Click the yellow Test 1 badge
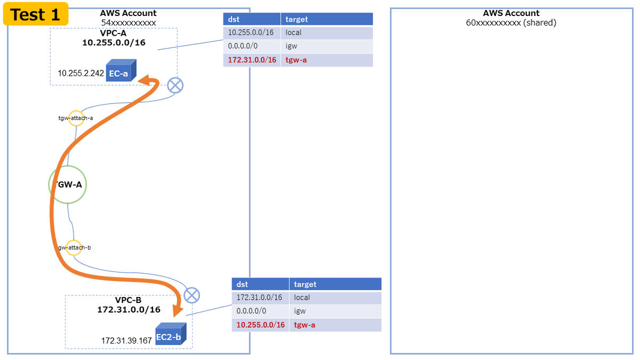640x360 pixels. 36,14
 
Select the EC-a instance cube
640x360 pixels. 121,70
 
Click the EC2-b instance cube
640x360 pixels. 171,334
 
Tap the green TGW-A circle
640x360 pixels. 67,185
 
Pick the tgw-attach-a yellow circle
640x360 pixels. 76,118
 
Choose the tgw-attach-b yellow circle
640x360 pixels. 74,247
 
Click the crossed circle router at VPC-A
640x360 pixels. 175,85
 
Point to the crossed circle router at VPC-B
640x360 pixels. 191,295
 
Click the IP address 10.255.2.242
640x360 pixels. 81,74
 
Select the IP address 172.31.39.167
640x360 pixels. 126,341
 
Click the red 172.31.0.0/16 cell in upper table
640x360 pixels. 252,60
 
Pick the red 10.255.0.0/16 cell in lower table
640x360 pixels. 260,325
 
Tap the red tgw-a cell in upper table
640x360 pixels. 327,60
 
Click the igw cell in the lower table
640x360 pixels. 335,311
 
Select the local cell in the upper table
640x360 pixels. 327,33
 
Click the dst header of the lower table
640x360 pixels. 260,284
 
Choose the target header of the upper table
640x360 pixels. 327,19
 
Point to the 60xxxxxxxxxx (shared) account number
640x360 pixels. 511,22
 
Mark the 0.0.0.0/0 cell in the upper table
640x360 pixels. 252,46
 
